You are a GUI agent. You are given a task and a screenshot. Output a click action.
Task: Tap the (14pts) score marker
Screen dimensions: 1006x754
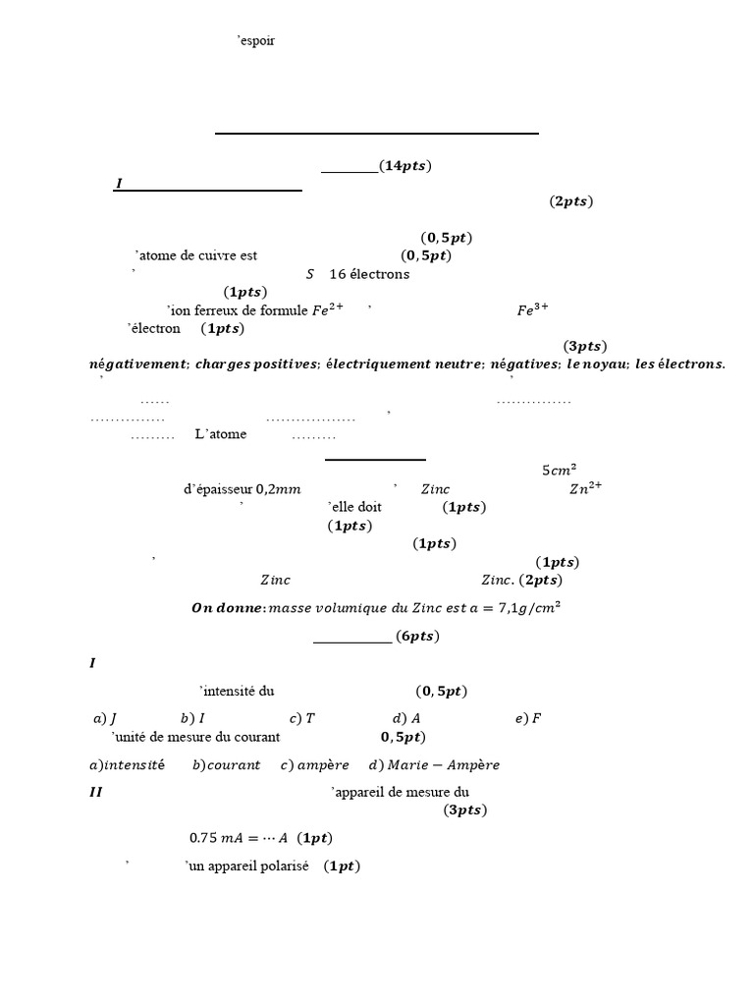[x=404, y=166]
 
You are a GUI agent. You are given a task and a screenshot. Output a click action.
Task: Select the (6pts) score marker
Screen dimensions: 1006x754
[x=417, y=637]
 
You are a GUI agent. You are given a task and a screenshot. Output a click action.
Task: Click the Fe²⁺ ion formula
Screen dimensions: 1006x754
[x=328, y=310]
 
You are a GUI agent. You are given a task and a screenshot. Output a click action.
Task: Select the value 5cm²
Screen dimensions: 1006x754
[x=559, y=470]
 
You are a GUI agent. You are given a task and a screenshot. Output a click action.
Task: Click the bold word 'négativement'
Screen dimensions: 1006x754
[x=137, y=363]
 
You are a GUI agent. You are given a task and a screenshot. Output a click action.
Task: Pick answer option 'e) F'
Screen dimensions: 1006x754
[x=528, y=718]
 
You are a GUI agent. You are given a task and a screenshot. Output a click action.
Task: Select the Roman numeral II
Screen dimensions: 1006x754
[x=95, y=791]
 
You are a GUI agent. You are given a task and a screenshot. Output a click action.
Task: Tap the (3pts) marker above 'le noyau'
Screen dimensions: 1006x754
[x=585, y=346]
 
